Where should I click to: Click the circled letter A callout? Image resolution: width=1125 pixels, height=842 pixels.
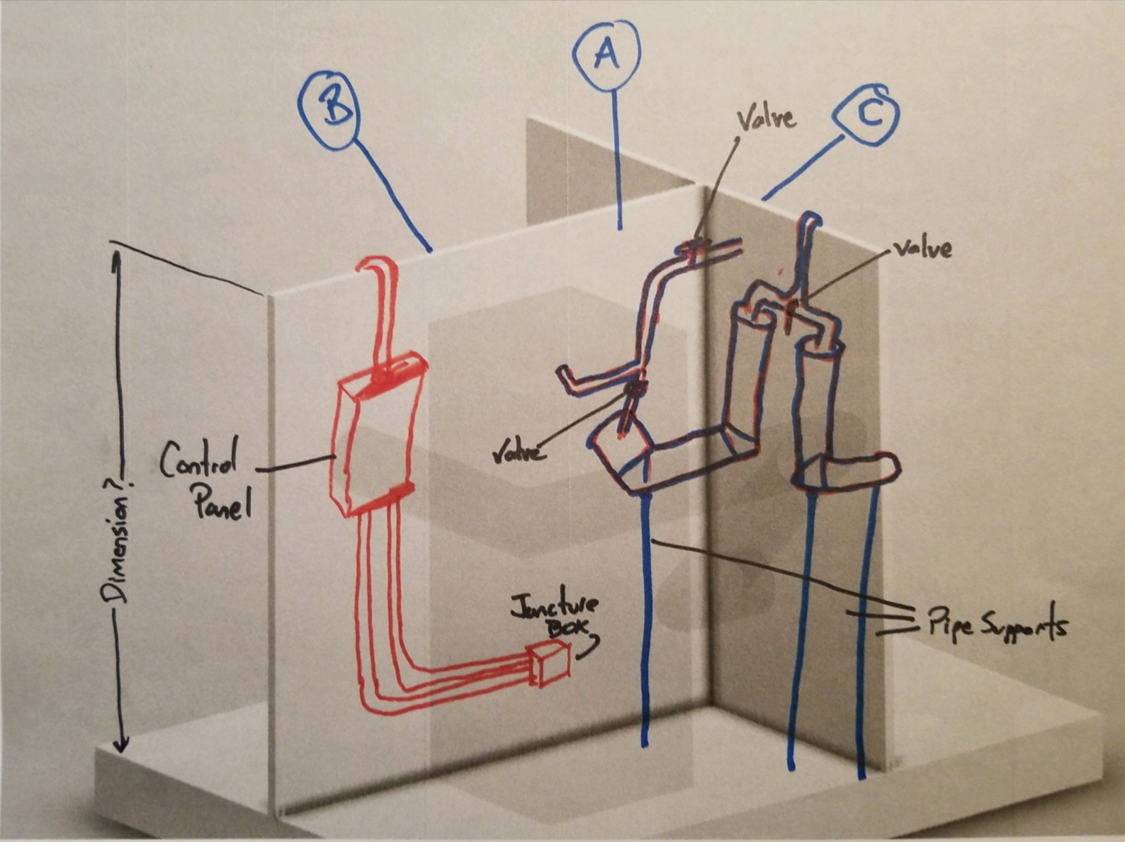coord(606,54)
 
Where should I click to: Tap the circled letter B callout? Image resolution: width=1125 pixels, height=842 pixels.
coord(329,109)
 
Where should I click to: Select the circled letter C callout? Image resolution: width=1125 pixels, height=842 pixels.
coord(866,115)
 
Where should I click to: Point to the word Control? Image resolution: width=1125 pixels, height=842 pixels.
coord(198,460)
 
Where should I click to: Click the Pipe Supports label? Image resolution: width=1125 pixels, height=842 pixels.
coord(995,623)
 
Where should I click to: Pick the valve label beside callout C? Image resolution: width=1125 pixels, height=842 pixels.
coord(922,249)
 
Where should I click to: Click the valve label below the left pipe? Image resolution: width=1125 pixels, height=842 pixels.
coord(519,451)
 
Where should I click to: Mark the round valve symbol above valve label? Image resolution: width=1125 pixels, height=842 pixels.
coord(634,388)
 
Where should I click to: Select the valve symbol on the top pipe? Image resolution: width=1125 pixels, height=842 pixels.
coord(693,248)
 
